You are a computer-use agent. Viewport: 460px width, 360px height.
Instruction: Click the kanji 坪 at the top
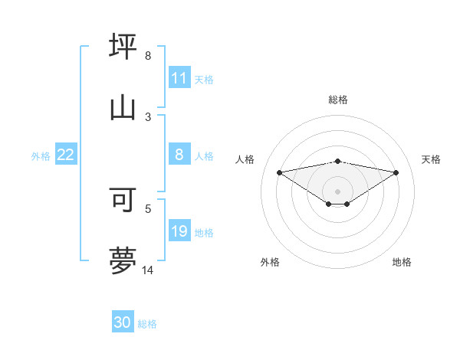[x=123, y=46]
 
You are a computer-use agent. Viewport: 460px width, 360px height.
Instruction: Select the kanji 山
[x=123, y=107]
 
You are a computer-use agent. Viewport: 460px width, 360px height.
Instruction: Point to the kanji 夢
[x=123, y=260]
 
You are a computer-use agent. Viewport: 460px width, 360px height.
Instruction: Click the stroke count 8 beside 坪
[x=148, y=56]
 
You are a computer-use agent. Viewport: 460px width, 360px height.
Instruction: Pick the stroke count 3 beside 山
[x=148, y=116]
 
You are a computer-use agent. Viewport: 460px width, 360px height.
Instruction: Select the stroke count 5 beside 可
[x=148, y=208]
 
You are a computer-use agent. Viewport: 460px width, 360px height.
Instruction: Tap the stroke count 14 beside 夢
[x=148, y=270]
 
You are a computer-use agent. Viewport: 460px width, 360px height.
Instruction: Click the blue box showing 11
[x=179, y=78]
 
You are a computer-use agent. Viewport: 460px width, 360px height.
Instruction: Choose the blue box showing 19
[x=179, y=231]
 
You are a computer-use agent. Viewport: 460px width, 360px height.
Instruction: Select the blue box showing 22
[x=66, y=155]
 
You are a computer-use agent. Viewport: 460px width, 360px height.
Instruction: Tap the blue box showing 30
[x=123, y=322]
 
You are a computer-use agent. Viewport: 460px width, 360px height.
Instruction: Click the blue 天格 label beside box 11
[x=204, y=79]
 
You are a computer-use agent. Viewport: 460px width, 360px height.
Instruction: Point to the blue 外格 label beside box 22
[x=41, y=155]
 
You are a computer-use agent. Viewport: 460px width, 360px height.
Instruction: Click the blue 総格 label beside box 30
[x=147, y=324]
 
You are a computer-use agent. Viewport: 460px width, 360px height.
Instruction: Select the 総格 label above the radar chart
[x=338, y=100]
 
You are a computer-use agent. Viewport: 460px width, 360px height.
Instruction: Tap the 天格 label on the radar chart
[x=432, y=159]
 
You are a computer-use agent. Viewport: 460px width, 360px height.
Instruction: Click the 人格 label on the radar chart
[x=245, y=159]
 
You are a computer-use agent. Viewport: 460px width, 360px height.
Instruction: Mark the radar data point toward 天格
[x=396, y=172]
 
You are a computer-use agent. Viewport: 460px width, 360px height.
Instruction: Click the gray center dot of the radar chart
[x=338, y=191]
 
